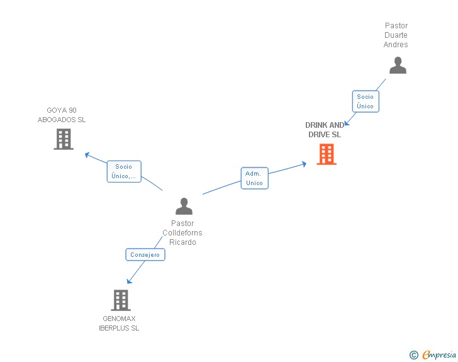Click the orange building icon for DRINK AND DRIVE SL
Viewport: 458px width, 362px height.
tap(326, 154)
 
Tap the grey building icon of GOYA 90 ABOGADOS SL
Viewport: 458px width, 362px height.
tap(64, 139)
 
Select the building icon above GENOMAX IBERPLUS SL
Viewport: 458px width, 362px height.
tap(121, 300)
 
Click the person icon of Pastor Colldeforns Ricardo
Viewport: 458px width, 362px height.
tap(184, 206)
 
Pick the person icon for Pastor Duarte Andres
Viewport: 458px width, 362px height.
tap(398, 65)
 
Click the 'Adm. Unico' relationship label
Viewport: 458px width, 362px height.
tap(254, 178)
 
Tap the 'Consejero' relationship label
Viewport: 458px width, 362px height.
tap(145, 255)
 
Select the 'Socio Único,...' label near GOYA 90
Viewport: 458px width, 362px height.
tap(124, 171)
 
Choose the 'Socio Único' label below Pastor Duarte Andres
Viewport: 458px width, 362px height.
tap(365, 101)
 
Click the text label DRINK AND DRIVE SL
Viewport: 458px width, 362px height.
tap(325, 130)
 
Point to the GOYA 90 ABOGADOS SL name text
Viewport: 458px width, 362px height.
tap(62, 115)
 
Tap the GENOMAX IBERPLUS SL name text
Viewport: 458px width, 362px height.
tap(119, 324)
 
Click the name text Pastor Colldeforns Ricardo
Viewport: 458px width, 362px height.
tap(182, 233)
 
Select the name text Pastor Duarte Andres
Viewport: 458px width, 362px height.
tap(396, 35)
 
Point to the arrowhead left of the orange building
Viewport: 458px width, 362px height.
tap(304, 164)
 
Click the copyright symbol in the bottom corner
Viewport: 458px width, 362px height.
tap(413, 355)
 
